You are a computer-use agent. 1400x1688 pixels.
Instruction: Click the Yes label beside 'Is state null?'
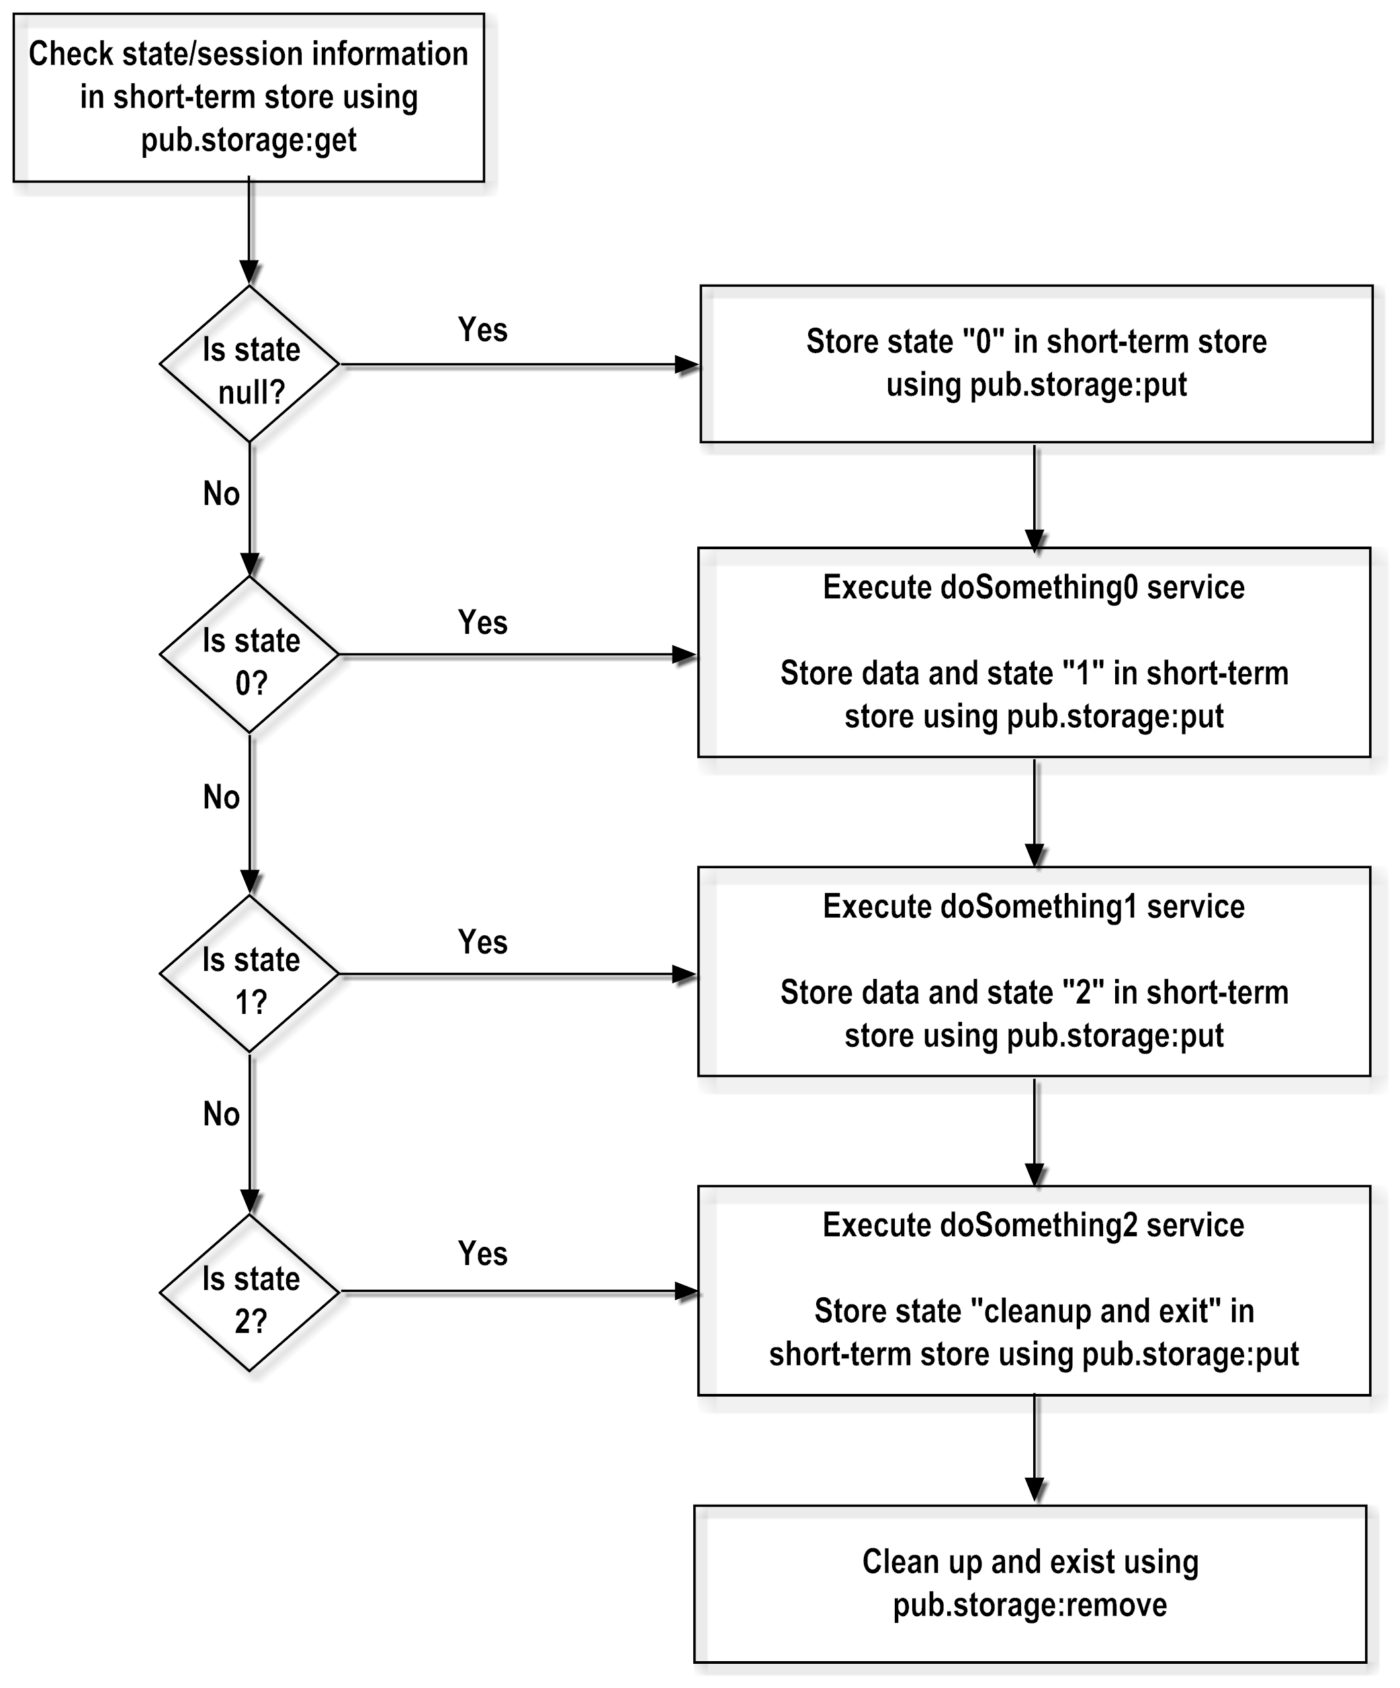pos(482,330)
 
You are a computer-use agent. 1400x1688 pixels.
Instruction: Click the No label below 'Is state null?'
pos(221,494)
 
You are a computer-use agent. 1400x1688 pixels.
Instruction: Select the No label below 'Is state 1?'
pos(221,1115)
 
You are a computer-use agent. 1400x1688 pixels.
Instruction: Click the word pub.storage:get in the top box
pos(249,140)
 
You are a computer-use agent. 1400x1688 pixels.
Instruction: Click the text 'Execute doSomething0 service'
pos(1033,588)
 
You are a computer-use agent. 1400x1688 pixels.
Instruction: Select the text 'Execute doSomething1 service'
pos(1033,906)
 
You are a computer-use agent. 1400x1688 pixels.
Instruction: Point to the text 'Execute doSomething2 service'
pos(1033,1225)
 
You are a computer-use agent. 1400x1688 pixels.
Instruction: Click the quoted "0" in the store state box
pos(983,342)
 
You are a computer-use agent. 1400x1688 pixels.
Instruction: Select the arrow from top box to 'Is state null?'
pos(249,233)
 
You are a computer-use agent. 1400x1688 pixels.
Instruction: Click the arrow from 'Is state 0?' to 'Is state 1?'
pos(250,812)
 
